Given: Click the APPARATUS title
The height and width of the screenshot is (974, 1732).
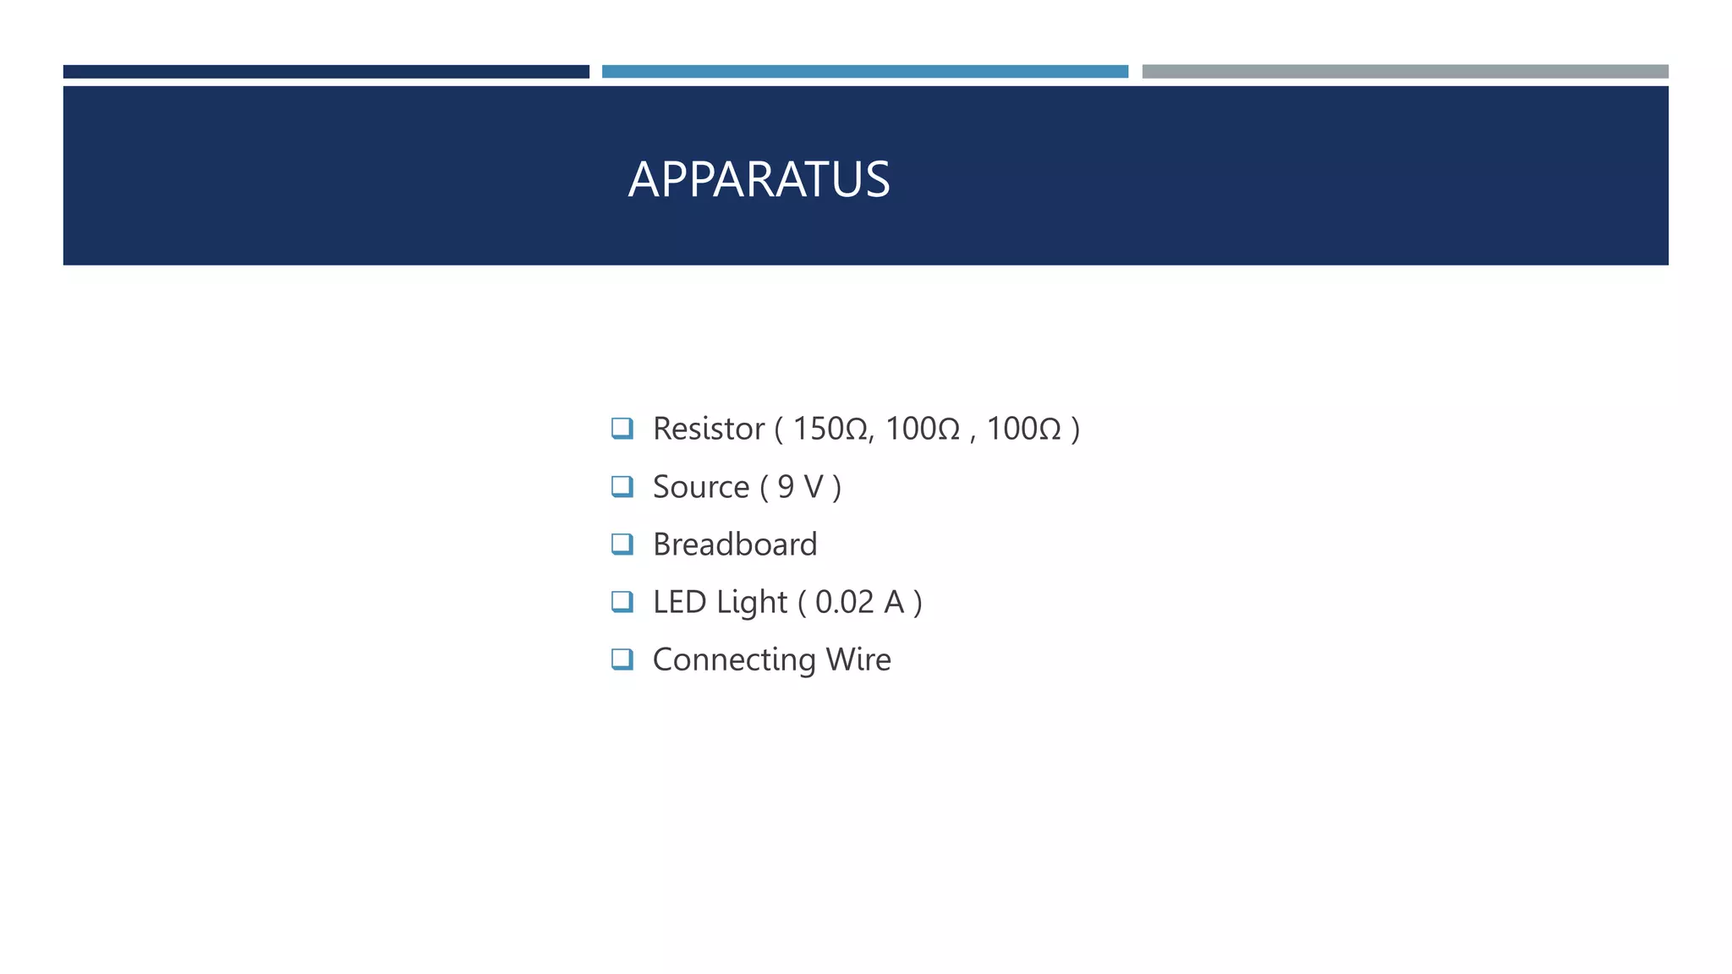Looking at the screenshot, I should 759,179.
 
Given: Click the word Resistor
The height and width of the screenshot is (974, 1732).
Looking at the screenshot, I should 709,429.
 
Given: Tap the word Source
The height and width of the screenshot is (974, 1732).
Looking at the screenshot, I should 701,487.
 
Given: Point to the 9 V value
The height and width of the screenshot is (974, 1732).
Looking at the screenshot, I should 800,487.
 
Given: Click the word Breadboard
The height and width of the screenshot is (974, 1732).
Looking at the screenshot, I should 735,544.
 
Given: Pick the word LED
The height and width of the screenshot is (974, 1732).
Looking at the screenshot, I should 679,602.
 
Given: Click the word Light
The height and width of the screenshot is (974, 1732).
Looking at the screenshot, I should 751,603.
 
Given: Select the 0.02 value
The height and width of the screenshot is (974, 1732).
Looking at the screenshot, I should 844,602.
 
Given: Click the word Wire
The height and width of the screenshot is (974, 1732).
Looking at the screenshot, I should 858,659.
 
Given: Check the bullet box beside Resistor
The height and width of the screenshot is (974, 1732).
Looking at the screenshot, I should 622,428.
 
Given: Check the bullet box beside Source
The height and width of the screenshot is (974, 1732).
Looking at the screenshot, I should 622,486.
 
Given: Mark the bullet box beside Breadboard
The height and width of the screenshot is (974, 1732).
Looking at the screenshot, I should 622,544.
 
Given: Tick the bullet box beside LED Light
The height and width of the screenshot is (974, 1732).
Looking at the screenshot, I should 622,601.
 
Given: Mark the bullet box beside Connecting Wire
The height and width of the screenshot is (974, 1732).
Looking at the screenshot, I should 622,659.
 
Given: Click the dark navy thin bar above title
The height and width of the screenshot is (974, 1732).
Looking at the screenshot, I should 326,72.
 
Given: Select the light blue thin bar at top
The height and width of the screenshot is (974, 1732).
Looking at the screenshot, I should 864,72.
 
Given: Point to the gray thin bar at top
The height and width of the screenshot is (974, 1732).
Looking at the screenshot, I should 1405,72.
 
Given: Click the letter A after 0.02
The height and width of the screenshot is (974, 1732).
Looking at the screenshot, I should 894,602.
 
